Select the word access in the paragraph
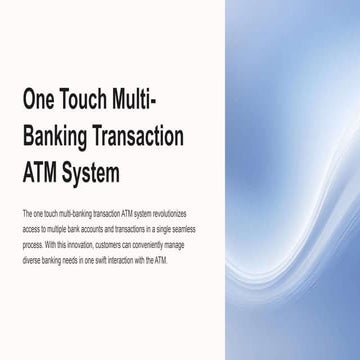(x=29, y=229)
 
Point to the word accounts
(x=91, y=229)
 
